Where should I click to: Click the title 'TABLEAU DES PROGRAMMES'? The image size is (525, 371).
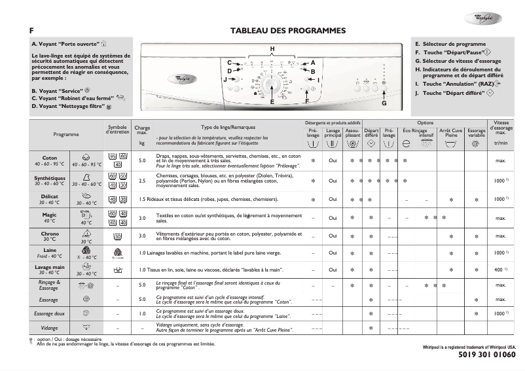pos(288,31)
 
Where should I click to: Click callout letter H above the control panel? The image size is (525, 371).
pos(272,50)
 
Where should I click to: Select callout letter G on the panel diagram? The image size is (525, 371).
pos(384,104)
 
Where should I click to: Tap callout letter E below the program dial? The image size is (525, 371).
pos(272,102)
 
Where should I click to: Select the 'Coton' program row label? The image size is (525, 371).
pos(50,158)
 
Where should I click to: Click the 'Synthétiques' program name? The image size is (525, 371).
pos(50,178)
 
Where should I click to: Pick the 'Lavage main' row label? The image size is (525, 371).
pos(50,267)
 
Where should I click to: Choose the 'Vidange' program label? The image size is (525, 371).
pos(50,328)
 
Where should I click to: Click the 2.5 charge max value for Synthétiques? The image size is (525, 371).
pos(142,180)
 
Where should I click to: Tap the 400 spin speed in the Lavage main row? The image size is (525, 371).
pos(499,270)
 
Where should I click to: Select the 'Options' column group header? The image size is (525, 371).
pos(425,123)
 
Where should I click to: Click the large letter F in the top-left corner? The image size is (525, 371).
pos(31,31)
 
